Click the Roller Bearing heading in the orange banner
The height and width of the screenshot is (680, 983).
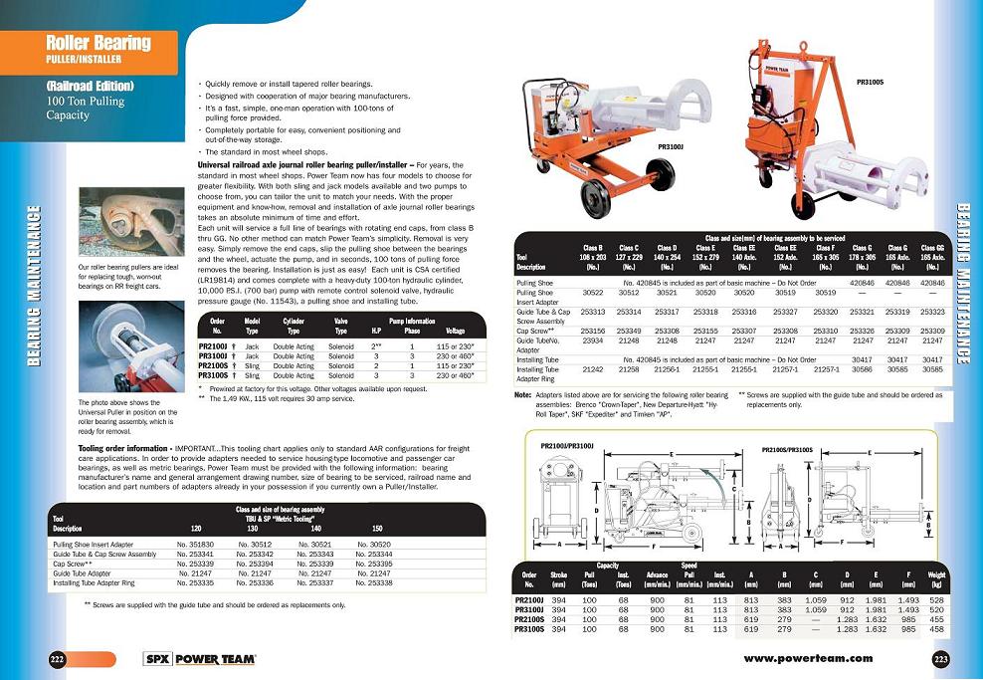(98, 42)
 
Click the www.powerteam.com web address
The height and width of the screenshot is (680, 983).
(808, 658)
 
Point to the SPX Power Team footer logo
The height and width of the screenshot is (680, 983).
(200, 659)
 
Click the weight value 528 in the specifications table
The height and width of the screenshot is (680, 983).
(935, 600)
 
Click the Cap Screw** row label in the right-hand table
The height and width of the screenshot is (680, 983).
(537, 331)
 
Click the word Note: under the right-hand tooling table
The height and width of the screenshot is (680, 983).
(522, 394)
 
